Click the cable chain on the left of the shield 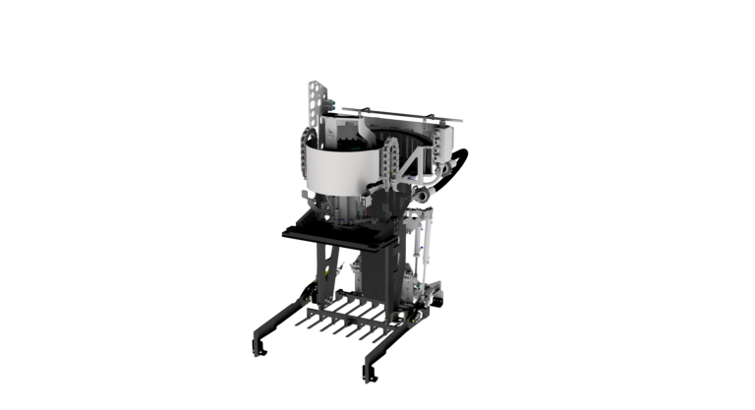coord(308,157)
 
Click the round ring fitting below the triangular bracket coord(418,197)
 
